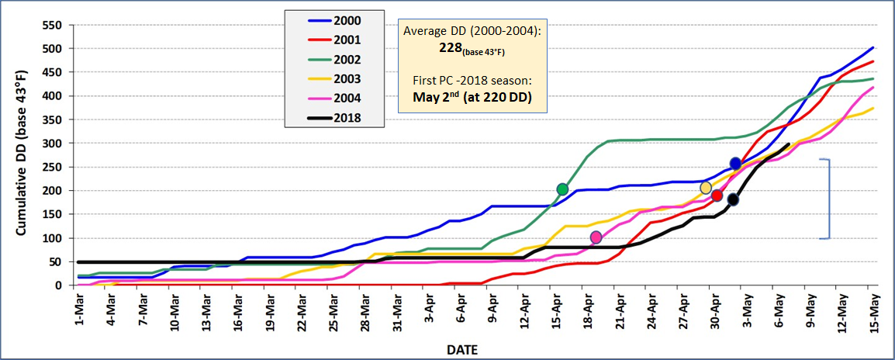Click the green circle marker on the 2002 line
pos(562,189)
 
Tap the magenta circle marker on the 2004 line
pos(596,237)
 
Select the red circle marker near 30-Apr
pos(717,196)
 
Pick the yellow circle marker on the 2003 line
pos(706,188)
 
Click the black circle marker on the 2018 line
pos(733,199)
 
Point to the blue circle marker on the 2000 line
pos(735,164)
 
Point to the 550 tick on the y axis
pos(51,25)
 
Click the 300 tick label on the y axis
pos(51,144)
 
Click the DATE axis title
pos(461,349)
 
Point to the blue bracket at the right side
pos(828,199)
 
